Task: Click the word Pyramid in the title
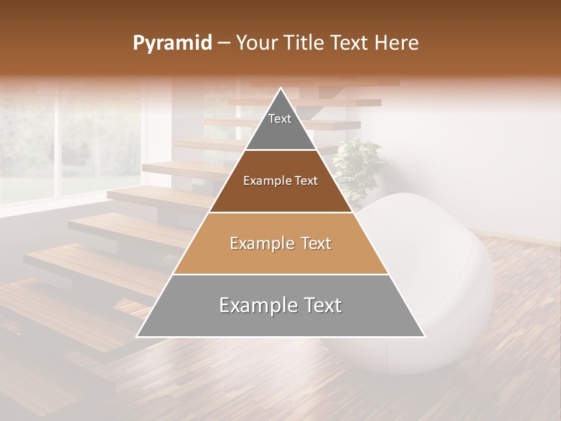172,43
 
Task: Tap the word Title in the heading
306,43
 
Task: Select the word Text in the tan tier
313,243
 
